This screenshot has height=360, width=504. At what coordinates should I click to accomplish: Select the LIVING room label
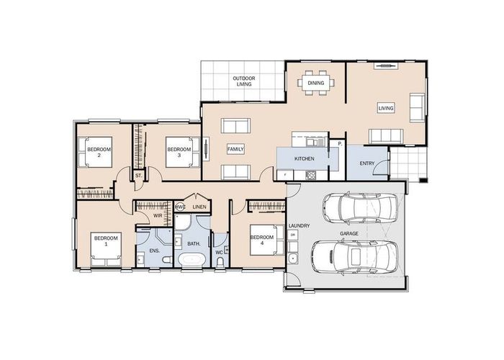386,108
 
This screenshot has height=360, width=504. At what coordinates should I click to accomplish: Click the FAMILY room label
235,148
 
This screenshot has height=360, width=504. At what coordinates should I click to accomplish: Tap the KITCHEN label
304,158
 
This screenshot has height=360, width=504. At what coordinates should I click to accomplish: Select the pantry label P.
338,145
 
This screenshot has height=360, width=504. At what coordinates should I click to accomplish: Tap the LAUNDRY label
299,225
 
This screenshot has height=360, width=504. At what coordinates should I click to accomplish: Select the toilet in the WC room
220,263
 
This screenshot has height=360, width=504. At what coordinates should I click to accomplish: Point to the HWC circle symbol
180,207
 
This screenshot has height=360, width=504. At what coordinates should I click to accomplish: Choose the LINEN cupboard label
199,207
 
